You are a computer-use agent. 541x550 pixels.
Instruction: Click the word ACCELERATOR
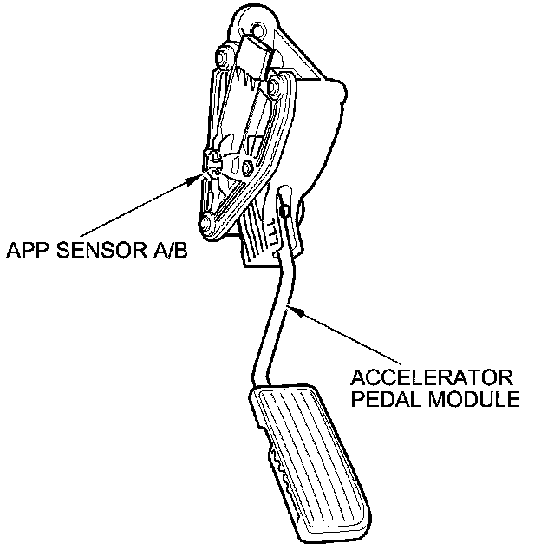point(431,379)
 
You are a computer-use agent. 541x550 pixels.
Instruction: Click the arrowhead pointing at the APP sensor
point(199,178)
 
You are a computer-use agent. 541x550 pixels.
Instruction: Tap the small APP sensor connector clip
point(213,160)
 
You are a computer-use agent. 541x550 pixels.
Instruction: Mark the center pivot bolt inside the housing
point(250,166)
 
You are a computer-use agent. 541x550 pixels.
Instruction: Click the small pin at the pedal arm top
point(284,206)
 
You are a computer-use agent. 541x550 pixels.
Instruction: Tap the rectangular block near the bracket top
point(258,52)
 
